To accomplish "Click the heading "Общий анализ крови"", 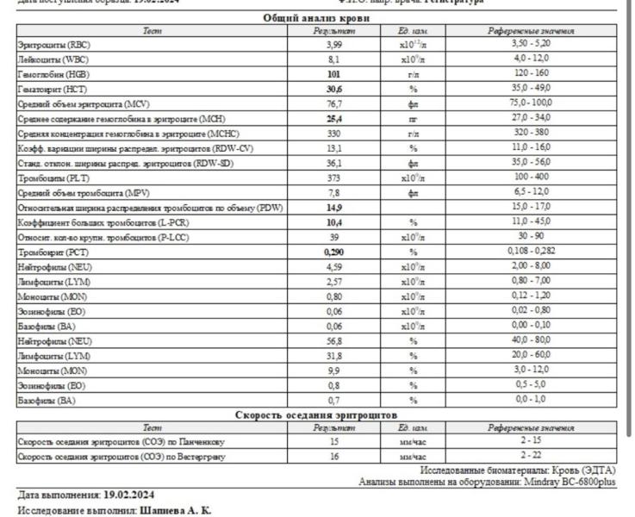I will click(x=316, y=17).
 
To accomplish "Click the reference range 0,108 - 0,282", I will click(x=531, y=252).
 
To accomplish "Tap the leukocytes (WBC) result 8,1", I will click(x=334, y=59).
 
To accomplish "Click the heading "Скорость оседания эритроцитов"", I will click(x=316, y=415).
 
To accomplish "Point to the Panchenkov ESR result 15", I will click(x=334, y=441).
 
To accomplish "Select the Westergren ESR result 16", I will click(x=334, y=457).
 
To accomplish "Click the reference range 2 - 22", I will click(x=531, y=457).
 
